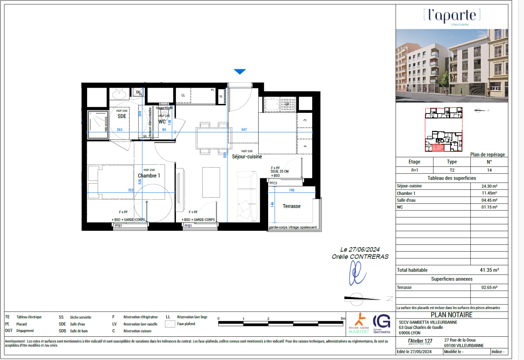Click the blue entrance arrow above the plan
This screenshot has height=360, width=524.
coord(239,72)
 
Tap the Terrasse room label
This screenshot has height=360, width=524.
coord(291,206)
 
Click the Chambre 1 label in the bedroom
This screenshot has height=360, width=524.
coord(149,176)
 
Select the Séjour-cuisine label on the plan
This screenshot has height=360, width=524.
coord(247,157)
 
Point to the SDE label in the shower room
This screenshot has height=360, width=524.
coord(122,116)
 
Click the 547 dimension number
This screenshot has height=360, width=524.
coord(244,130)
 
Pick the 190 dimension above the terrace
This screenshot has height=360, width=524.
coord(291,190)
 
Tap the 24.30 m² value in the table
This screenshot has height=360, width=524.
coord(489,186)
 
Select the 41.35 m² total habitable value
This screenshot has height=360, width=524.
coord(489,270)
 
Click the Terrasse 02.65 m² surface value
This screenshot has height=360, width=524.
coord(489,287)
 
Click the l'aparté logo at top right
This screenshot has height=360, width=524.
coord(452,16)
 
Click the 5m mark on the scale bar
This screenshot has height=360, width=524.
coord(343,318)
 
